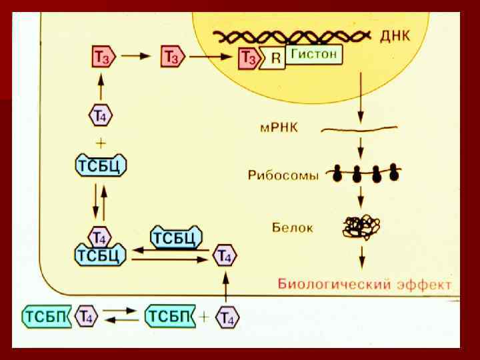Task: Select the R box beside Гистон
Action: pyautogui.click(x=275, y=57)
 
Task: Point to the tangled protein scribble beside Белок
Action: pyautogui.click(x=361, y=227)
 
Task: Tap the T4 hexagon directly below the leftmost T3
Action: pyautogui.click(x=100, y=115)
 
